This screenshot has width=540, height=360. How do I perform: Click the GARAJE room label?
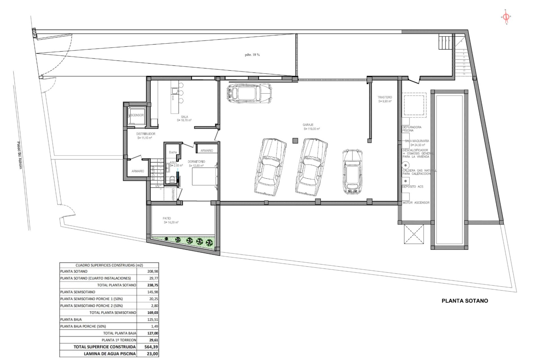[x=308, y=125]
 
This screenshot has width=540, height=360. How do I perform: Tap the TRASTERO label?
[x=384, y=97]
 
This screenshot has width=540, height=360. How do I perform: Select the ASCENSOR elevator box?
[x=136, y=115]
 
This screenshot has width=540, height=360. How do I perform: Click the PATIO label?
[x=166, y=218]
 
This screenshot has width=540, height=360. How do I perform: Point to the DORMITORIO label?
[x=196, y=162]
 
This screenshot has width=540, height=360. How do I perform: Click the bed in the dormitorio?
[x=204, y=176]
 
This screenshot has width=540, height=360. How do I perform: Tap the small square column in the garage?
[x=295, y=141]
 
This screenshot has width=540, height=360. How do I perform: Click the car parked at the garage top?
[x=250, y=93]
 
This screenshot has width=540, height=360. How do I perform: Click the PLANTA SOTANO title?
[x=465, y=301]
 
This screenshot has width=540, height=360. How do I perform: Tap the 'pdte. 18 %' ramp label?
[x=252, y=55]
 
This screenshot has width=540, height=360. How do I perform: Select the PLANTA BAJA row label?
[x=71, y=319]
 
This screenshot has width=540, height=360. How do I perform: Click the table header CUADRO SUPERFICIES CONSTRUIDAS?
[x=109, y=265]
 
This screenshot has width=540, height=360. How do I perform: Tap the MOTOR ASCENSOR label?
[x=416, y=202]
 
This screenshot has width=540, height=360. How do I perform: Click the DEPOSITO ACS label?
[x=413, y=187]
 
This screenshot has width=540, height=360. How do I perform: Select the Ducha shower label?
[x=173, y=152]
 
